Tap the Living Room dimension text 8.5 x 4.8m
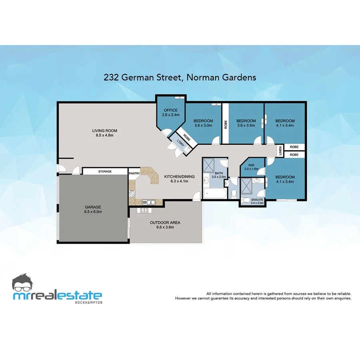[x=104, y=135]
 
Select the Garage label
[x=92, y=207]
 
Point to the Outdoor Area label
[x=165, y=222]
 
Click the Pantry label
[x=134, y=173]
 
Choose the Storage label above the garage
[x=105, y=172]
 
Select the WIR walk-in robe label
[x=251, y=164]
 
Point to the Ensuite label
[x=257, y=199]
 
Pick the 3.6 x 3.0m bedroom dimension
[x=203, y=125]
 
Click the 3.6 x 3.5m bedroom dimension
[x=246, y=125]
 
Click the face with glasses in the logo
[x=25, y=283]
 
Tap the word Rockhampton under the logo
[x=88, y=302]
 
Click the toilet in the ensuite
[x=247, y=200]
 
